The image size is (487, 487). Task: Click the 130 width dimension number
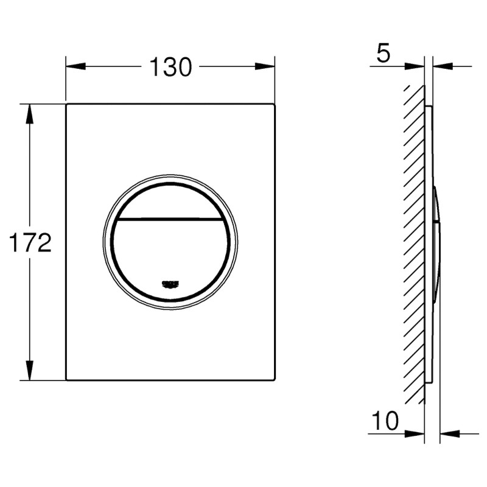[x=171, y=67]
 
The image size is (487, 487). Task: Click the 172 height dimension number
[x=29, y=242]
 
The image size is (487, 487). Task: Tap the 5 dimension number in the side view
[x=383, y=54]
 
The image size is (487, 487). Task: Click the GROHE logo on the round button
[x=170, y=283]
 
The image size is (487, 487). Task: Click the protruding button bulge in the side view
[x=436, y=243]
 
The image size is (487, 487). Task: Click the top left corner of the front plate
[x=66, y=105]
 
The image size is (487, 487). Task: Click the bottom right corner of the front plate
[x=275, y=380]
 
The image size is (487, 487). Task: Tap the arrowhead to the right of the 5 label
[x=416, y=66]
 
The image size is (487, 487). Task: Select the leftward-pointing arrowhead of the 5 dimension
[x=443, y=66]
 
